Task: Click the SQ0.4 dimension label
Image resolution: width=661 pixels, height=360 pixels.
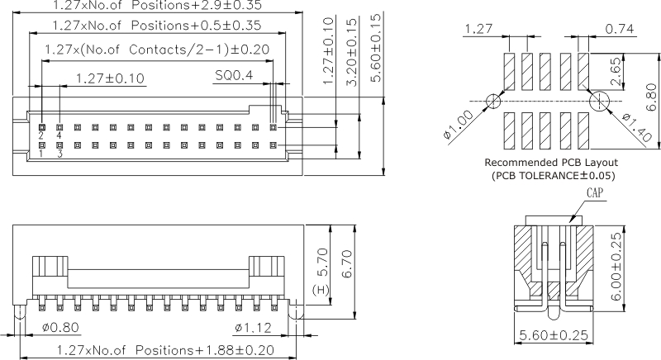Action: click(x=234, y=76)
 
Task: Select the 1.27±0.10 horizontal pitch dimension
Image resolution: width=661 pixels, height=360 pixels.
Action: click(x=109, y=79)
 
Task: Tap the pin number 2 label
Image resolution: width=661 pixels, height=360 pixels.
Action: click(x=40, y=135)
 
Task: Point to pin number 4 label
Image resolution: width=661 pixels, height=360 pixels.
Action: click(x=59, y=135)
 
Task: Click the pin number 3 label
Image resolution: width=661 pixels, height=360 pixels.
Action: click(x=59, y=154)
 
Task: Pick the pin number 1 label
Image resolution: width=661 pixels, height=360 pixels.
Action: click(x=40, y=154)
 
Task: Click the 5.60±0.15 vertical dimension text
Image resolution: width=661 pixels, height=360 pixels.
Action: click(x=376, y=48)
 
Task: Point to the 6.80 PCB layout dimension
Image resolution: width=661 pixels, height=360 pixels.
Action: click(x=651, y=100)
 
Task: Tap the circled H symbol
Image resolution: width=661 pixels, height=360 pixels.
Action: click(x=321, y=290)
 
